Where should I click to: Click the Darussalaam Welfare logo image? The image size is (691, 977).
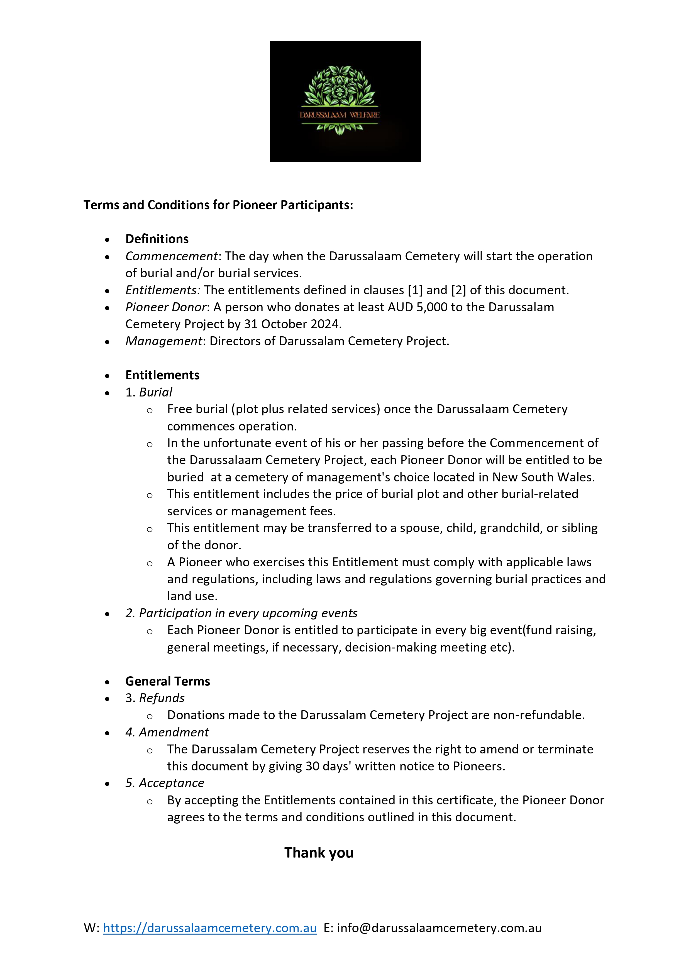pyautogui.click(x=345, y=101)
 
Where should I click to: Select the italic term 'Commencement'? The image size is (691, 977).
pyautogui.click(x=172, y=256)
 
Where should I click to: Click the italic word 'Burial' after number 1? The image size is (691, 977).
pyautogui.click(x=155, y=392)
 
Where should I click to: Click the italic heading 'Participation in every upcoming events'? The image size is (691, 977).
pyautogui.click(x=241, y=613)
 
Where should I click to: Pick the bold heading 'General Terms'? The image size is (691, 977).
pyautogui.click(x=168, y=681)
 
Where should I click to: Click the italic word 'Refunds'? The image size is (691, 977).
pyautogui.click(x=162, y=698)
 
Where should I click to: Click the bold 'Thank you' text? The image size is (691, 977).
pyautogui.click(x=319, y=853)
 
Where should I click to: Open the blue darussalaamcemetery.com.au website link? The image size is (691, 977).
pyautogui.click(x=210, y=928)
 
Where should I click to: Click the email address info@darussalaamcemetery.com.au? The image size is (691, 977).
pyautogui.click(x=439, y=928)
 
